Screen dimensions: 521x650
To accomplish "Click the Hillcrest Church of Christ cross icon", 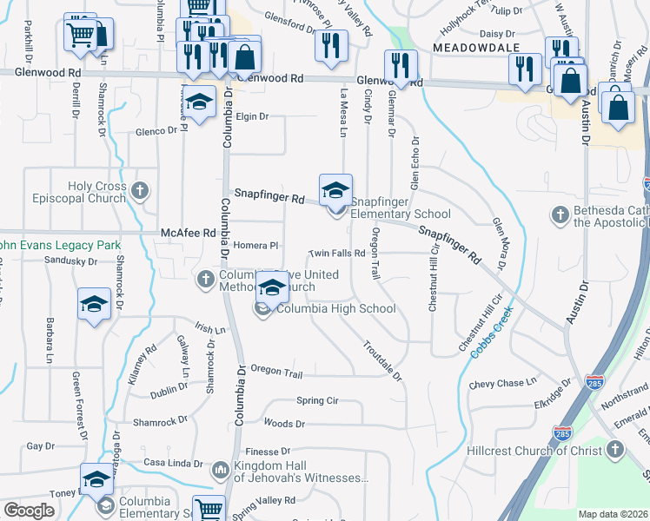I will pos(615,449).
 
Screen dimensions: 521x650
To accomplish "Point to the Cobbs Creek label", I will pos(492,334).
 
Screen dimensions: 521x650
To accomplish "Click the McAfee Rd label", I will pos(188,233).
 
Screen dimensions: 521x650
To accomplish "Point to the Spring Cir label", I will pos(316,401).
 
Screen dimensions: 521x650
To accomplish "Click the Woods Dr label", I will pos(283,424).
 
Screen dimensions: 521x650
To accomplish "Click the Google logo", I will pos(29,511).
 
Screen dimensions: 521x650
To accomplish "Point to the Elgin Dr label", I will pos(252,116).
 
